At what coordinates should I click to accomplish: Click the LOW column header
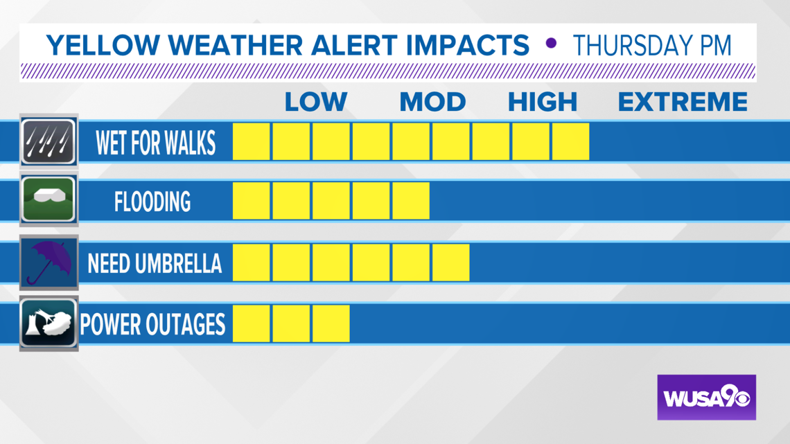tap(316, 103)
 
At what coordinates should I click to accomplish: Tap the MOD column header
tap(433, 103)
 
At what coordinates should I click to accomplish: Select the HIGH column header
tap(543, 103)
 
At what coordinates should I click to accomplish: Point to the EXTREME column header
tap(683, 103)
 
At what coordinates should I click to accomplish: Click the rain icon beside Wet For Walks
tap(49, 141)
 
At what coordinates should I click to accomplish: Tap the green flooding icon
tap(49, 200)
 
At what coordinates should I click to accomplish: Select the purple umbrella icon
tap(49, 263)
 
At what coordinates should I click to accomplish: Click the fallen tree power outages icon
tap(49, 323)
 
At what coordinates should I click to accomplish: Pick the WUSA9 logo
tap(706, 397)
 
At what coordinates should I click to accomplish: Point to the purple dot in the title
tap(551, 44)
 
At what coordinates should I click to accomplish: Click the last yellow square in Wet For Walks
tap(571, 141)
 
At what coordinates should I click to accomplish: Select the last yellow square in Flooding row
tap(411, 201)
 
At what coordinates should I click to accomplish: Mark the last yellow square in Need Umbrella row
tap(451, 263)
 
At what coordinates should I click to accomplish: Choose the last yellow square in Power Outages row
tap(331, 323)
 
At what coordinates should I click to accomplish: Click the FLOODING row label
tap(152, 202)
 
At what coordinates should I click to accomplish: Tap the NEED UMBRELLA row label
tap(155, 263)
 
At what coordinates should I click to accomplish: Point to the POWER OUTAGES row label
tap(152, 324)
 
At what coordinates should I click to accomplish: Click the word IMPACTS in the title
tap(468, 45)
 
